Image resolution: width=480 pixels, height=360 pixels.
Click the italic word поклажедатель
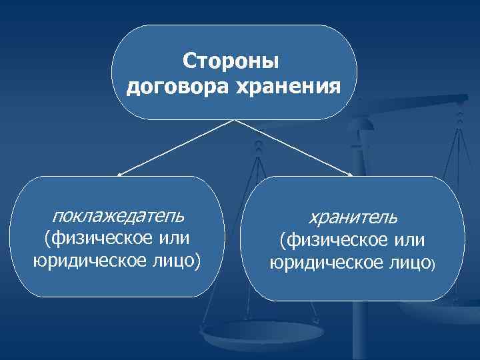pyautogui.click(x=119, y=215)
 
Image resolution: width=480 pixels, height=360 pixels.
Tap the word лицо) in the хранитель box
pyautogui.click(x=414, y=263)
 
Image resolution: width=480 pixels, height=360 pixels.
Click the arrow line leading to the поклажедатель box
pyautogui.click(x=177, y=147)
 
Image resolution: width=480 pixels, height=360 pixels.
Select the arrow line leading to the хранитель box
pyautogui.click(x=293, y=147)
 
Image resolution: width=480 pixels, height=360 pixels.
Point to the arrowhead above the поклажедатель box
pyautogui.click(x=119, y=175)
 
